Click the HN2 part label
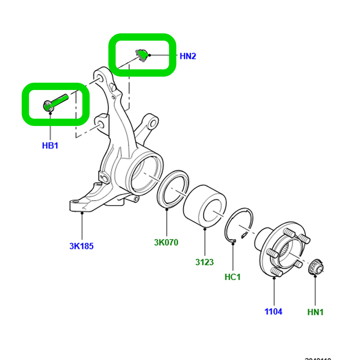tap(188, 56)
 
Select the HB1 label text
tap(50, 146)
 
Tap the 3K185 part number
tap(81, 246)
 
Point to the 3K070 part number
tap(166, 242)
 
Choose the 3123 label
tap(204, 262)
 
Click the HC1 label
tap(232, 277)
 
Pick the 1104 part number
tap(273, 312)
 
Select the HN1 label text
tap(315, 312)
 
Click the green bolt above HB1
tap(57, 101)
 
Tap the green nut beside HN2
tap(143, 55)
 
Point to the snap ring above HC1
tap(238, 225)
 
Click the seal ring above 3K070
tap(173, 189)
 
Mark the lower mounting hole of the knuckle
tap(99, 124)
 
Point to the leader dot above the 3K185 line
tap(82, 211)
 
